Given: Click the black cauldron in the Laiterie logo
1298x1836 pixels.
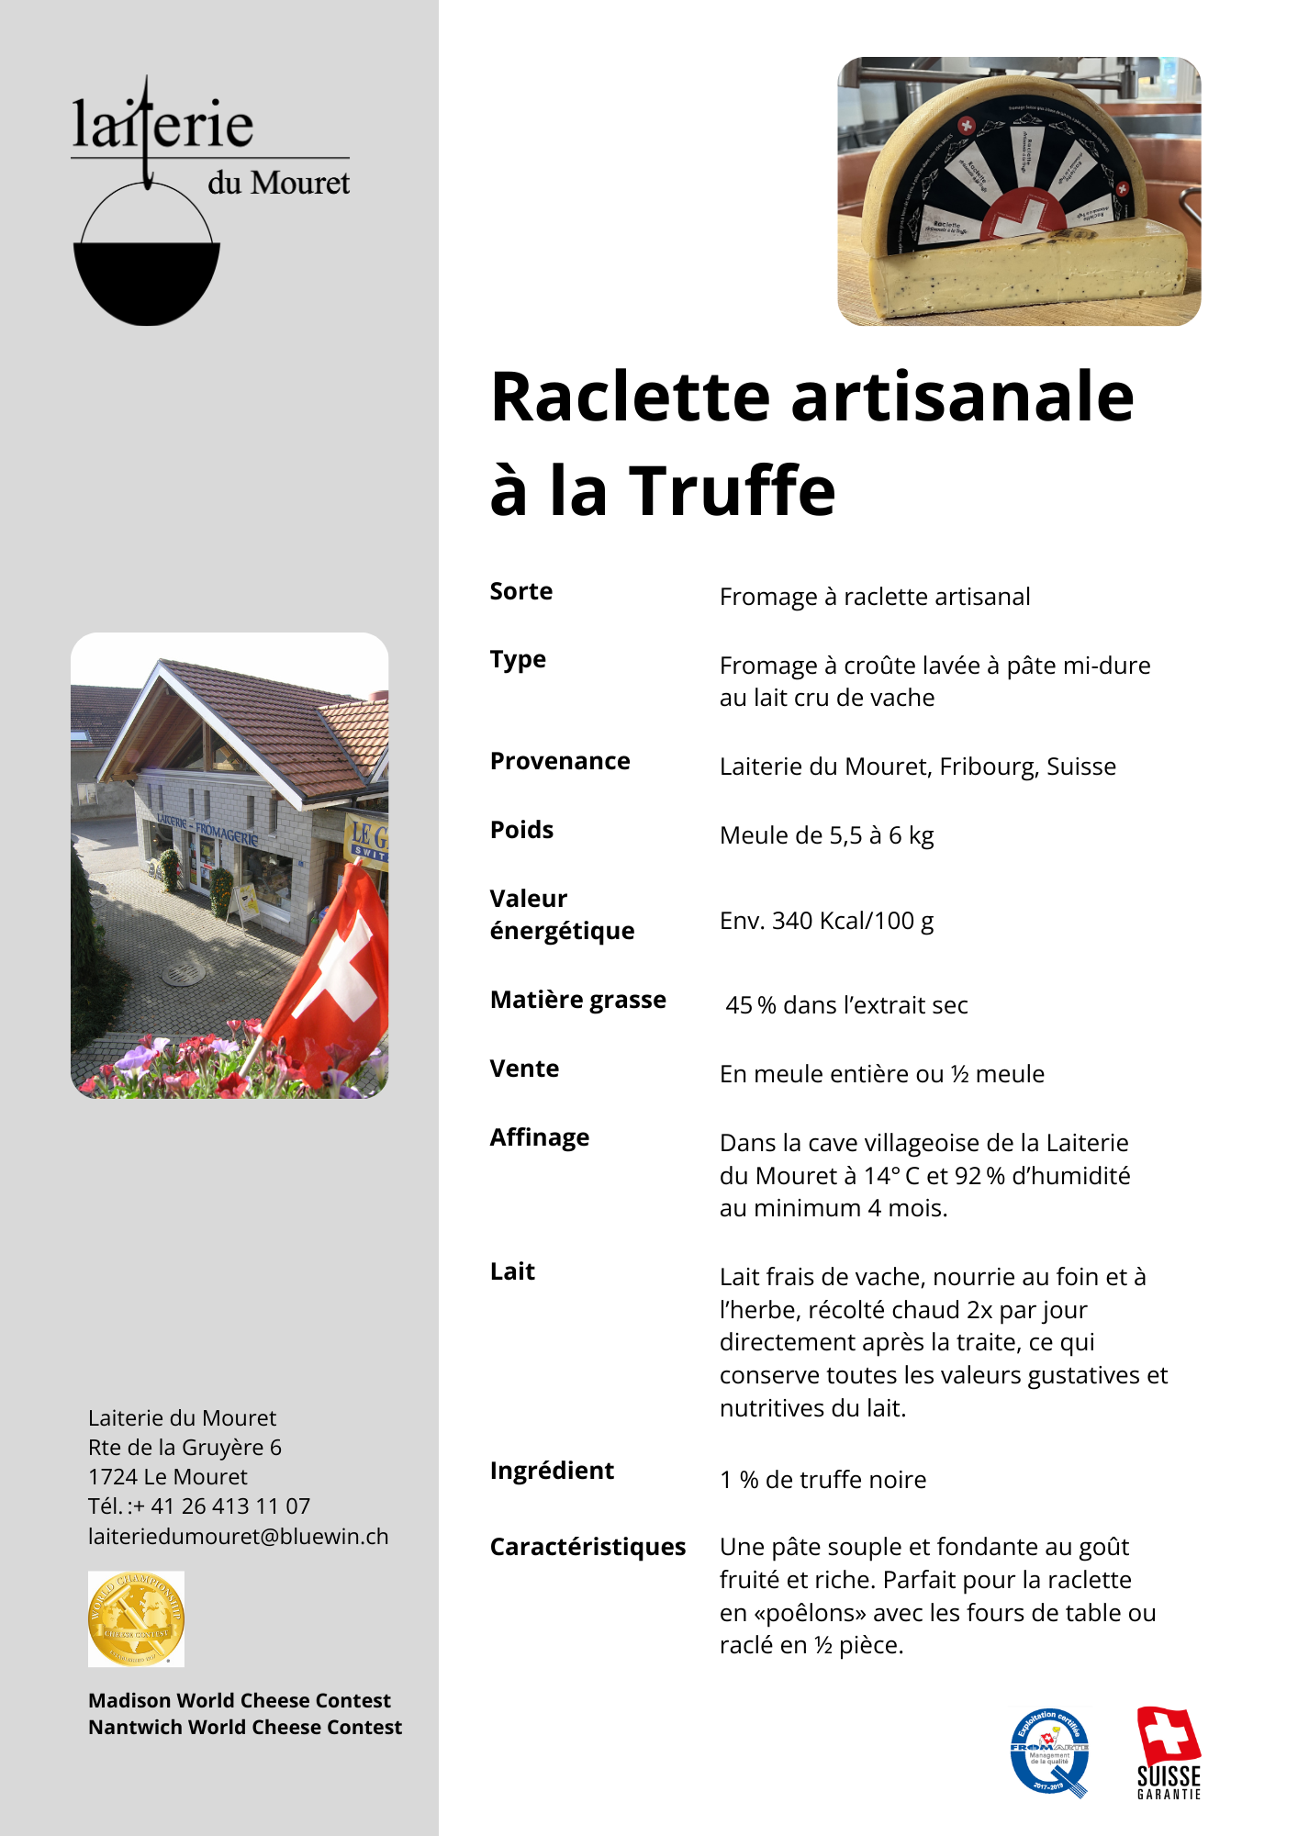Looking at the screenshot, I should point(147,280).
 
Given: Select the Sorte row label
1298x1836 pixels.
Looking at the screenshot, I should point(520,591).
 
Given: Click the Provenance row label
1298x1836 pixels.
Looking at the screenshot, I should point(559,761).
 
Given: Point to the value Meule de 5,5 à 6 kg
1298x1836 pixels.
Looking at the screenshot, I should point(826,835).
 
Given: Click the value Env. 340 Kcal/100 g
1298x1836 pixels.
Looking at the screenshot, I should point(826,921).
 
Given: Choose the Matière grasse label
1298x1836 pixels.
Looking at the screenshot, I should point(577,1000).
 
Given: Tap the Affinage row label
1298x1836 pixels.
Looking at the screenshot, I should point(539,1137).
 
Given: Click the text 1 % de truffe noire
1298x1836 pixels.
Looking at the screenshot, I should point(822,1480).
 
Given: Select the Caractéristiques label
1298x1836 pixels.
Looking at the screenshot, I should point(587,1547).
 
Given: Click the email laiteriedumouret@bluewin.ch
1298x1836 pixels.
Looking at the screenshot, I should point(238,1537).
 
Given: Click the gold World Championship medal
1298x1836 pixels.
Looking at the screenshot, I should point(136,1618).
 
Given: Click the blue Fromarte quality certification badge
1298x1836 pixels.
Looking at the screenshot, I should point(1050,1752).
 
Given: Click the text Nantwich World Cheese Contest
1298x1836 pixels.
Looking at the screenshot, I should point(244,1728).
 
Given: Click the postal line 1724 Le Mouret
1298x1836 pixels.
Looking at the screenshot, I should point(167,1477).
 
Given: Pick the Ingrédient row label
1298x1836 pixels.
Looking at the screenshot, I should point(551,1471).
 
